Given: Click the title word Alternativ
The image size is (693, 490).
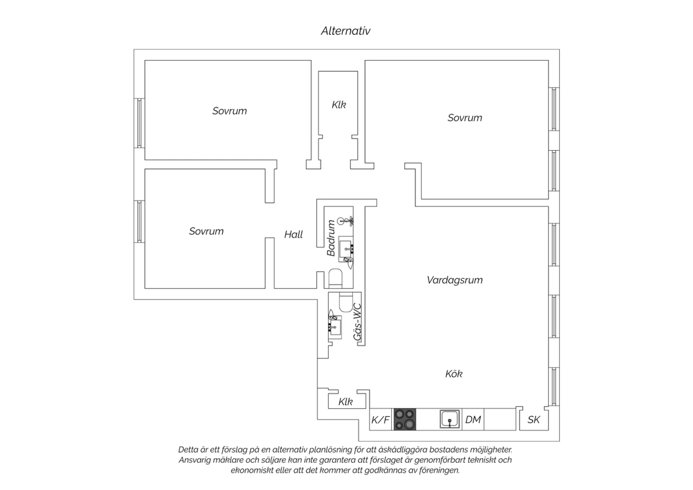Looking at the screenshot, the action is pos(346,31).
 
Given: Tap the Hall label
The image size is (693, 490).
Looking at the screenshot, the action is pos(293,234).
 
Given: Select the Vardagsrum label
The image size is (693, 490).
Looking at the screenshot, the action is pos(455,280).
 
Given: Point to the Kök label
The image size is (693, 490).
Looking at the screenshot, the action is pos(454,374).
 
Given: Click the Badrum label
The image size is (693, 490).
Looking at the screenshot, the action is pos(331,238).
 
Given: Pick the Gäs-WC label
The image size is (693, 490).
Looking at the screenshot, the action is pos(357,322).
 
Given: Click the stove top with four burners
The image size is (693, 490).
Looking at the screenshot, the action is pos(405,419).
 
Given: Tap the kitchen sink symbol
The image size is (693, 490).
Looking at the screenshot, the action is pos(450,419).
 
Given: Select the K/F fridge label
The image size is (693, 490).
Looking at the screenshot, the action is pos(380,420).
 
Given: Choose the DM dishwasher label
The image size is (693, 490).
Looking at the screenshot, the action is pos(473,420).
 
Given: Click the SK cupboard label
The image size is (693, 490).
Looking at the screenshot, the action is pos(534,420).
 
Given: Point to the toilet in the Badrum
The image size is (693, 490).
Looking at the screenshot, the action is pos(335,278).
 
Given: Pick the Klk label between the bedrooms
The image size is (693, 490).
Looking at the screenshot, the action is pos(339,105).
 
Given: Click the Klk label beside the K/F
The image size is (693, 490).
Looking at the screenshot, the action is pos(345,402).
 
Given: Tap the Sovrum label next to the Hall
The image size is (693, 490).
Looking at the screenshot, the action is pos(207,231).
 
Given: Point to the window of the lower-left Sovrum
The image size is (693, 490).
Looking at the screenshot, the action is pos(139,221).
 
